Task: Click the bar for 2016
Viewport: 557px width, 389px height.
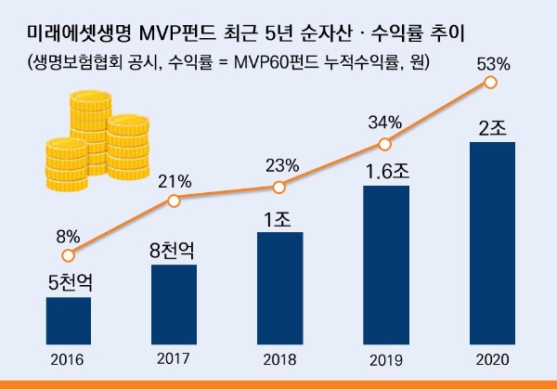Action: click(69, 320)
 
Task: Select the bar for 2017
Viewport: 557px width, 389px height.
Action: click(174, 304)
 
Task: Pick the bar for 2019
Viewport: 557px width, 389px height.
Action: click(385, 265)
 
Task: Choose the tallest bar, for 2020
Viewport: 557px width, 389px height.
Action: click(491, 242)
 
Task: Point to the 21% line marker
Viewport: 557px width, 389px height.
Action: click(174, 198)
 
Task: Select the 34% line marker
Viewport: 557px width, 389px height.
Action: click(385, 143)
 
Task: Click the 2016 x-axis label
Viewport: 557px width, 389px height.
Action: click(69, 359)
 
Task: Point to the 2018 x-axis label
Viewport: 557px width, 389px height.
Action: click(279, 359)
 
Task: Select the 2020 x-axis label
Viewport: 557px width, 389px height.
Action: click(491, 359)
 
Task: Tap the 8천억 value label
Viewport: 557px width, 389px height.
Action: click(174, 250)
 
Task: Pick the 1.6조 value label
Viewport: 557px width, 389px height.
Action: click(385, 172)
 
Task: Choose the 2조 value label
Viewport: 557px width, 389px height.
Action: click(491, 127)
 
